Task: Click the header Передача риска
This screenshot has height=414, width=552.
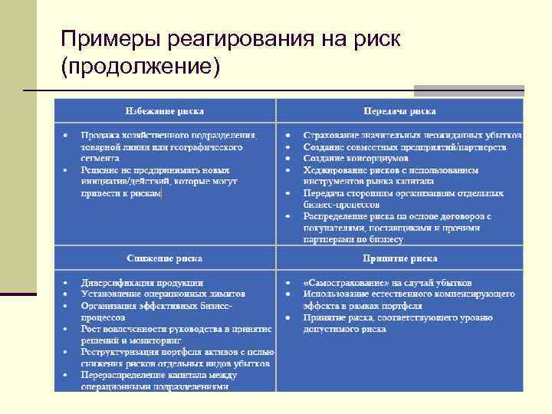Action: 400,110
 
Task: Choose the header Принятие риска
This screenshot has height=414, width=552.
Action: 400,258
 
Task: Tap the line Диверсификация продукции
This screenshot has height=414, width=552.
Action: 142,281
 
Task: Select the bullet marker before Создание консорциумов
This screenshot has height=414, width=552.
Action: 287,158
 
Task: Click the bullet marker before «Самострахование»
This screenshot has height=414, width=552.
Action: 287,281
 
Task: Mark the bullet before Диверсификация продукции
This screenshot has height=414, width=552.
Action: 65,281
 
